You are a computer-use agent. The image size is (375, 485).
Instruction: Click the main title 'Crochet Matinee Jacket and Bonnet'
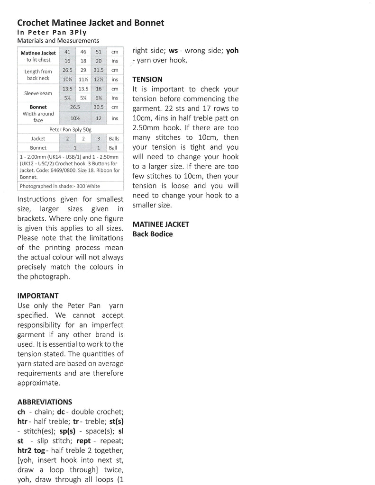pyautogui.click(x=91, y=23)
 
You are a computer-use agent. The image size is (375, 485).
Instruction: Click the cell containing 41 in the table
pyautogui.click(x=67, y=52)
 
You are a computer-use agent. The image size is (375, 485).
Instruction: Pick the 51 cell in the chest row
pyautogui.click(x=99, y=52)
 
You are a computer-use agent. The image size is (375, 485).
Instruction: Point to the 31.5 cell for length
pyautogui.click(x=99, y=70)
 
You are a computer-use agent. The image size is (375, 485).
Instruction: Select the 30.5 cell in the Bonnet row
pyautogui.click(x=99, y=107)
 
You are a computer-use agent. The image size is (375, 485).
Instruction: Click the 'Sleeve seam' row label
pyautogui.click(x=38, y=93)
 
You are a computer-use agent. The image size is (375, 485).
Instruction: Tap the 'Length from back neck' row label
pyautogui.click(x=38, y=75)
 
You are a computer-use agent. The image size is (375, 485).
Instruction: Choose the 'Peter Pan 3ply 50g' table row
pyautogui.click(x=70, y=129)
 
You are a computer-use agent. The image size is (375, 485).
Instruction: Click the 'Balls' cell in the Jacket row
pyautogui.click(x=114, y=139)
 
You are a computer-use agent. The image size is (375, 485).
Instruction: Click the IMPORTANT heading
pyautogui.click(x=38, y=296)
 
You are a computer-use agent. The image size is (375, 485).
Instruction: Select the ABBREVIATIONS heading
pyautogui.click(x=45, y=402)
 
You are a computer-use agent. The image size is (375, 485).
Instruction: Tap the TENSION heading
pyautogui.click(x=147, y=79)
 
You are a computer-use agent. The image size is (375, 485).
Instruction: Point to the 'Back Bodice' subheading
pyautogui.click(x=153, y=234)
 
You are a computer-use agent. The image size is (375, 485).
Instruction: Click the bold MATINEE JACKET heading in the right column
pyautogui.click(x=161, y=224)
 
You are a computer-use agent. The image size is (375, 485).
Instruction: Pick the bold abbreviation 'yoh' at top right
pyautogui.click(x=232, y=50)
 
